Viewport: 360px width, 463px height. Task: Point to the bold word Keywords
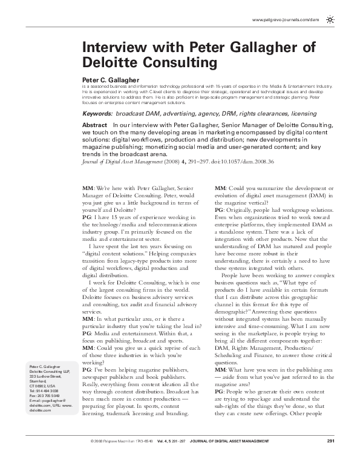tap(97, 114)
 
